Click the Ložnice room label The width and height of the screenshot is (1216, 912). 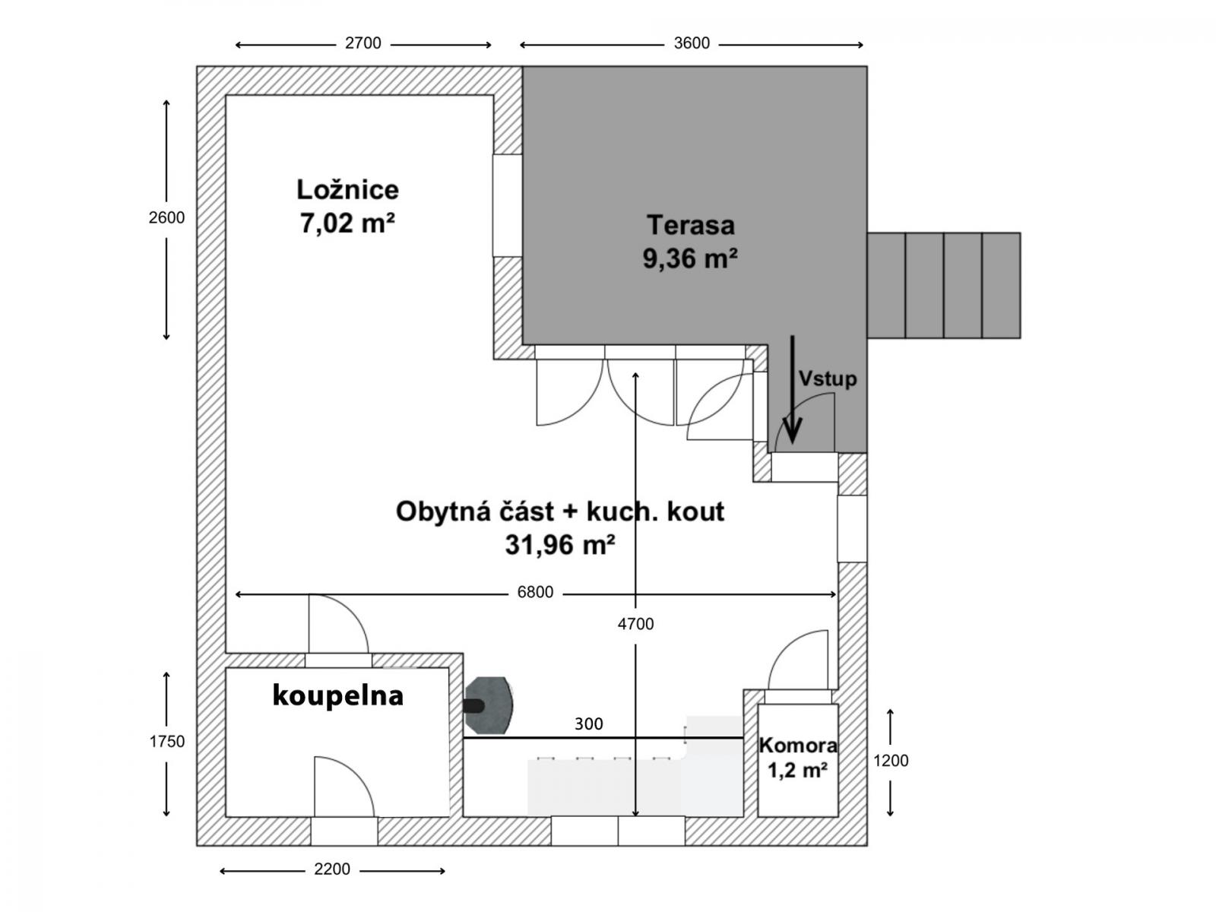coord(347,190)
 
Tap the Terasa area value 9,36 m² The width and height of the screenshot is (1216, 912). coord(690,258)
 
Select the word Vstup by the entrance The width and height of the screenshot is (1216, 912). coord(828,378)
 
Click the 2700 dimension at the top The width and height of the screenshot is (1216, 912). coord(363,43)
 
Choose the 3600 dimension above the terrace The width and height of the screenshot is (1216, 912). coord(692,43)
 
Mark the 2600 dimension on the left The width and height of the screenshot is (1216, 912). coord(166,217)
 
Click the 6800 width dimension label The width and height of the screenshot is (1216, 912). coord(535,592)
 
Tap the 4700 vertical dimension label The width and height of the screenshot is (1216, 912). coord(635,624)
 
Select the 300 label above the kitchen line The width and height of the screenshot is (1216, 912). coord(588,724)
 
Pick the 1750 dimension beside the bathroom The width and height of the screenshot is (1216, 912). coord(166,742)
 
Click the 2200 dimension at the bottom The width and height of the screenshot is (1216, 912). coord(332,869)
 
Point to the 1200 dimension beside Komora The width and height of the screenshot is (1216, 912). coord(891,761)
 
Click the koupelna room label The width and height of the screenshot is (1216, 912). coord(338,695)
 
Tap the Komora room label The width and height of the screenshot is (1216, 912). coord(798,746)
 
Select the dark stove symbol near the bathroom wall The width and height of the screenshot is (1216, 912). coord(489,705)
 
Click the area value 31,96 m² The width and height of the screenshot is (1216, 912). coord(559,545)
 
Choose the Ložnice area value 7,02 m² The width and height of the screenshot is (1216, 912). coord(347,223)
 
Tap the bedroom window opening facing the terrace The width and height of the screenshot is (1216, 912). coord(508,205)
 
